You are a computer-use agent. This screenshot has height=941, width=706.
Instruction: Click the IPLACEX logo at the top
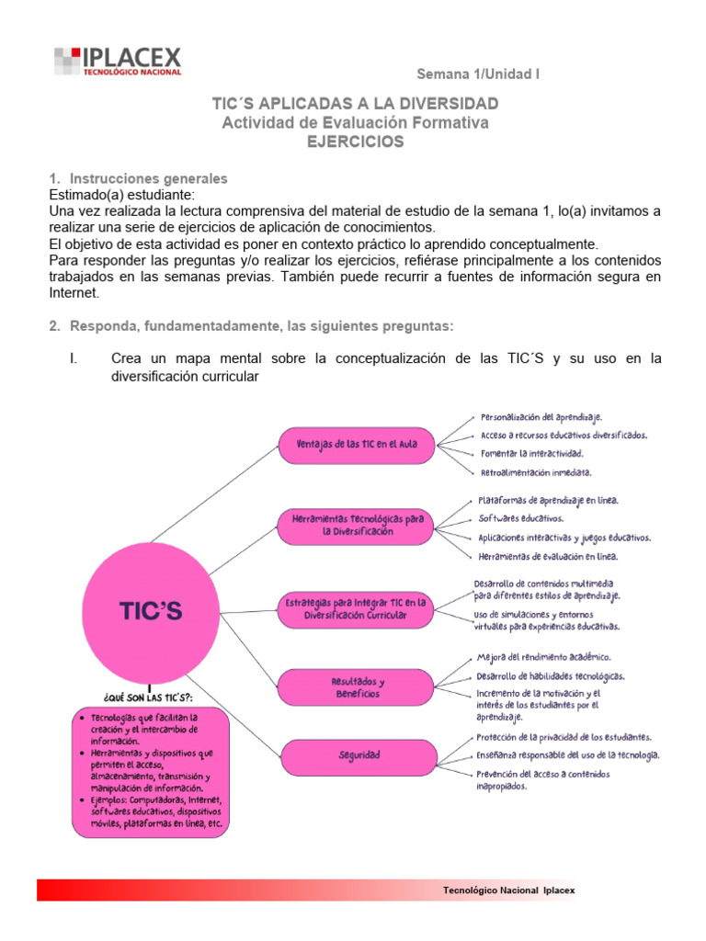click(x=118, y=61)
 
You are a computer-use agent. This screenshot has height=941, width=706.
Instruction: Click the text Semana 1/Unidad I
click(x=478, y=74)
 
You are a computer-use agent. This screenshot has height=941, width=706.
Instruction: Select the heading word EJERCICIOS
click(x=355, y=142)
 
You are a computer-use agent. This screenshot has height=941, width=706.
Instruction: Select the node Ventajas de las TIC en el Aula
click(x=357, y=444)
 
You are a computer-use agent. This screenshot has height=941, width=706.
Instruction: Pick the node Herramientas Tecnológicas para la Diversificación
click(x=357, y=525)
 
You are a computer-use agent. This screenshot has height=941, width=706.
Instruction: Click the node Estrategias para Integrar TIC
click(x=357, y=610)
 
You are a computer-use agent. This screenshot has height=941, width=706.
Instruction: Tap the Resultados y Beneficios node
click(x=357, y=687)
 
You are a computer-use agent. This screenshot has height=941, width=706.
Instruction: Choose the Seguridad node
click(x=357, y=755)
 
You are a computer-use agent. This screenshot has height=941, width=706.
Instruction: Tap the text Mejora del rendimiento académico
click(x=543, y=657)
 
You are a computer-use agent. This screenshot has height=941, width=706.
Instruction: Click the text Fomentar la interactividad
click(x=530, y=453)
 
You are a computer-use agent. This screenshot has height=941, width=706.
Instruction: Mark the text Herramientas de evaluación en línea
click(x=548, y=556)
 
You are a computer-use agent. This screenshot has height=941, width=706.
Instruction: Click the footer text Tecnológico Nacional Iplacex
click(x=508, y=890)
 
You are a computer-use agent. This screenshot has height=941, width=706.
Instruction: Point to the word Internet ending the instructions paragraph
click(x=73, y=294)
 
